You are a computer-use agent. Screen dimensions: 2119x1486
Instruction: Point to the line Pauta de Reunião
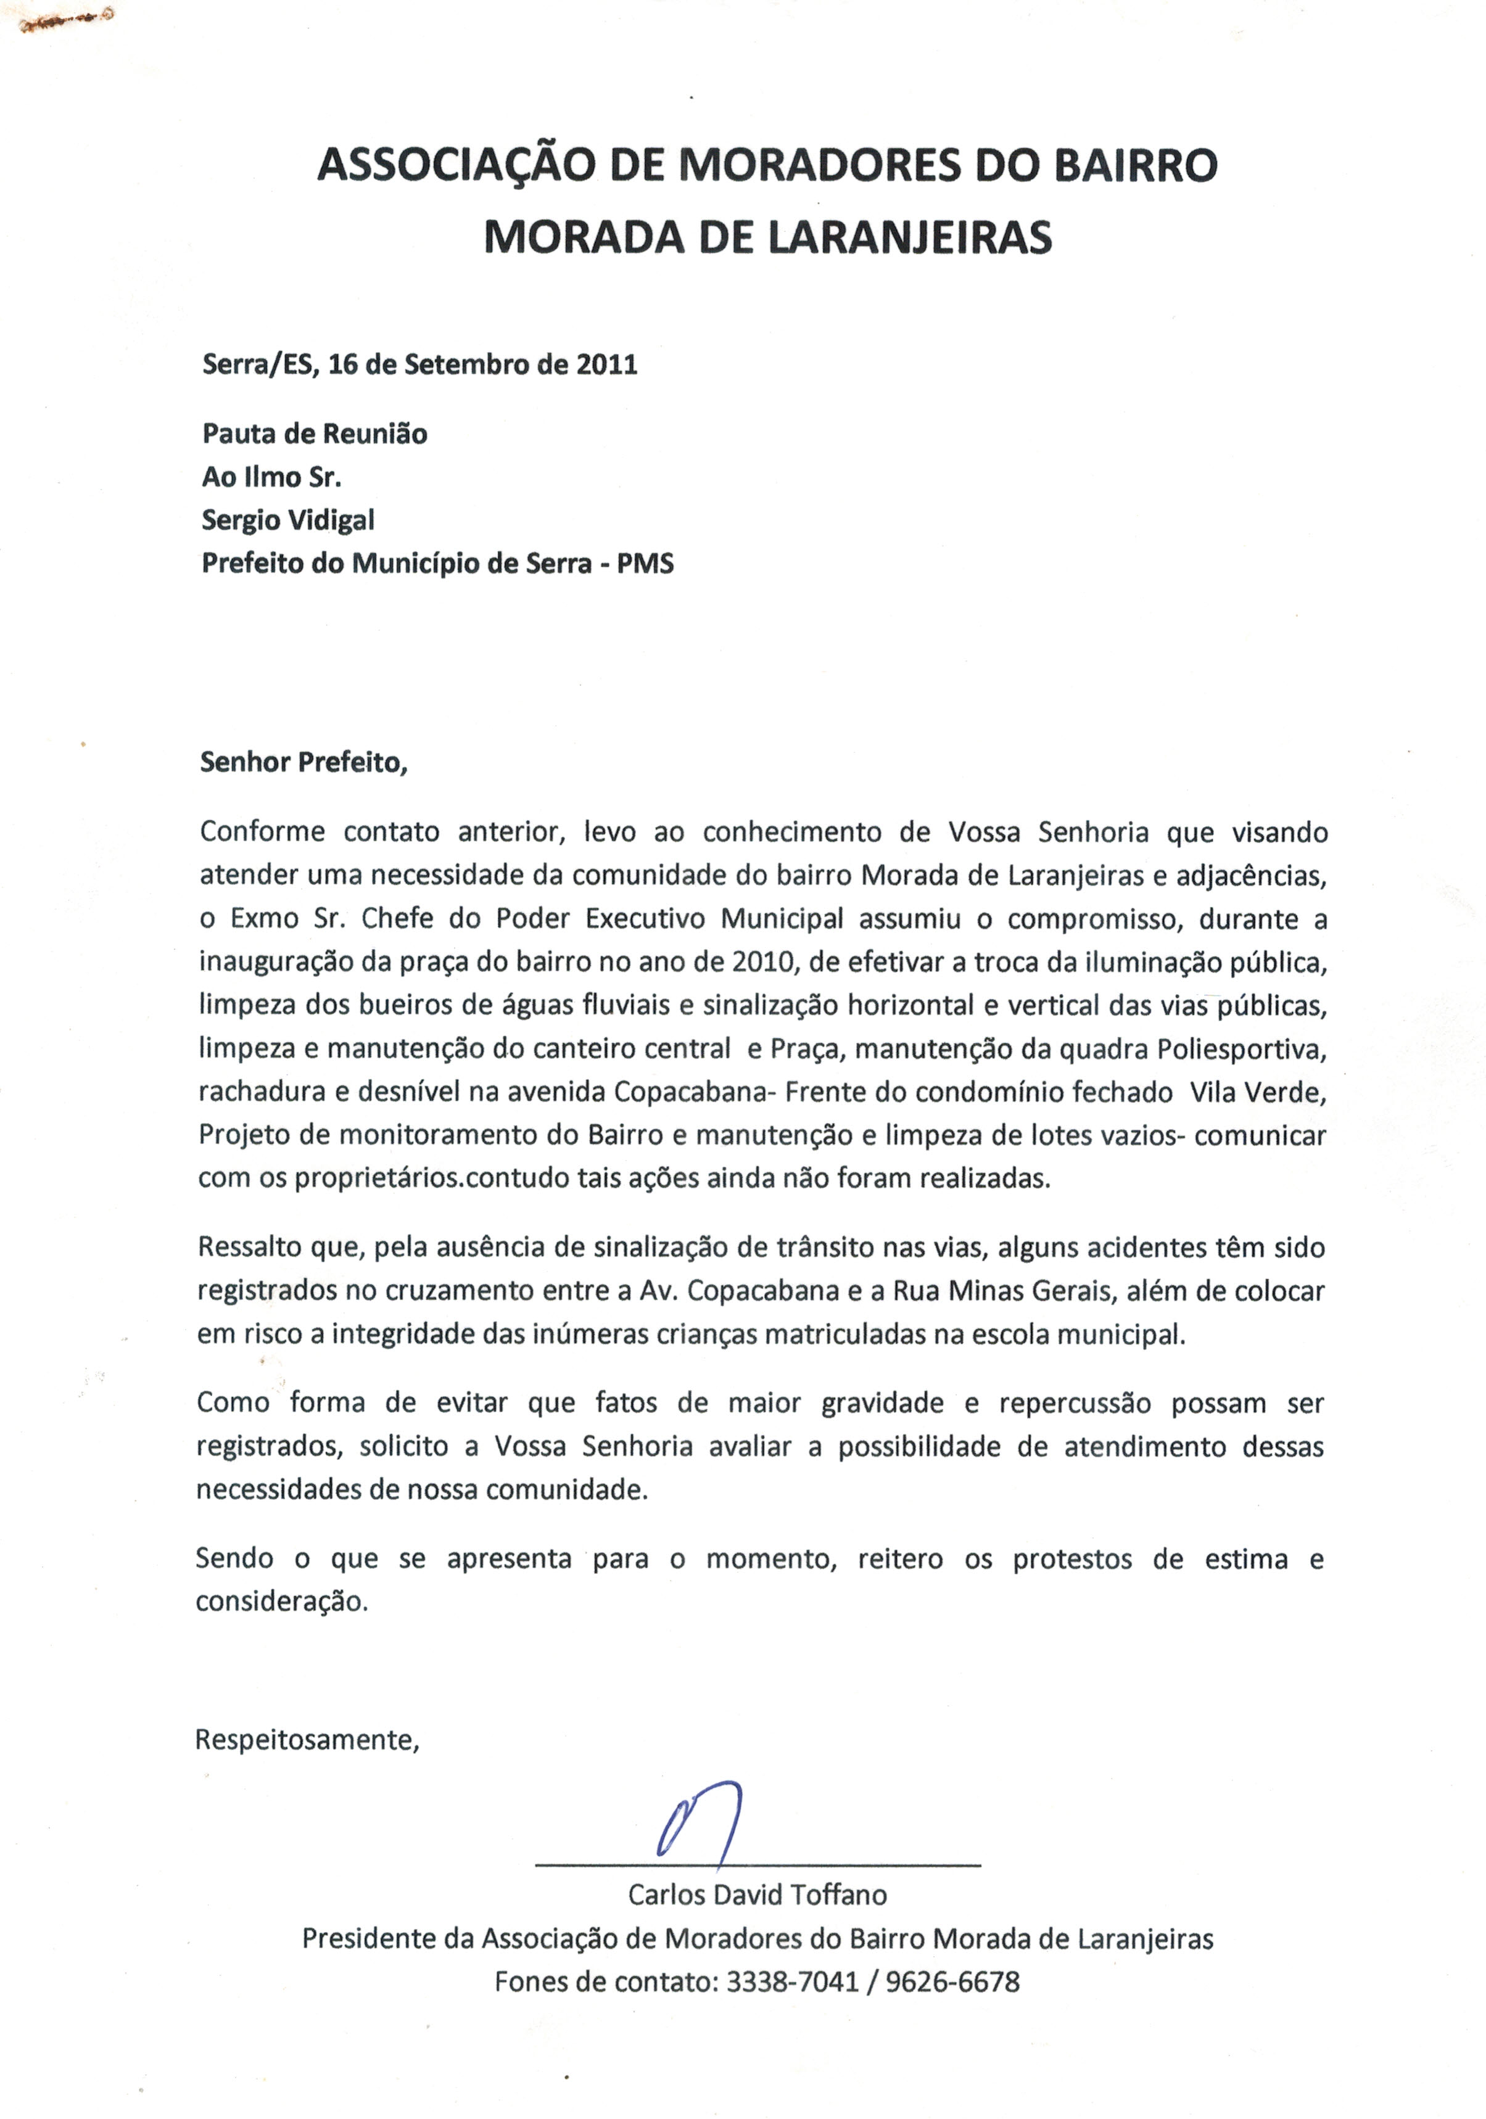click(315, 434)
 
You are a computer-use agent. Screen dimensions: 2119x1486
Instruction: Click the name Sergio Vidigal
click(288, 520)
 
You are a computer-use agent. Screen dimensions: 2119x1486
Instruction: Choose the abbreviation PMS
click(645, 564)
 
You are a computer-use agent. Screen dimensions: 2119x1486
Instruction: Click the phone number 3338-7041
click(793, 1981)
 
